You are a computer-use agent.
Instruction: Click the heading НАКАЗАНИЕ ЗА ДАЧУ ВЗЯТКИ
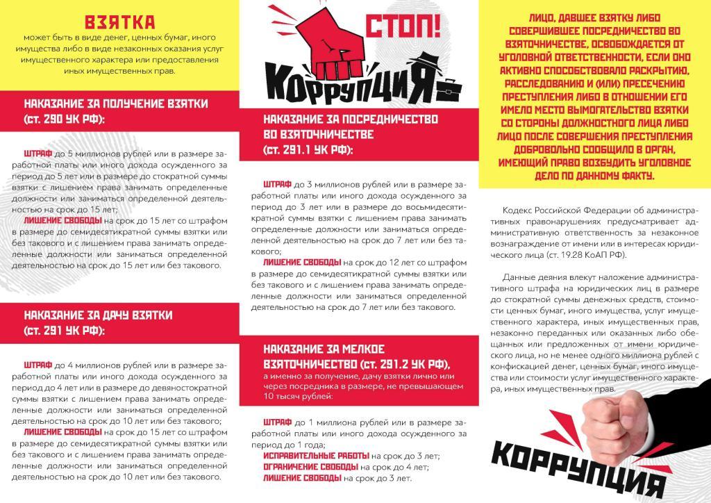tap(98, 315)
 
